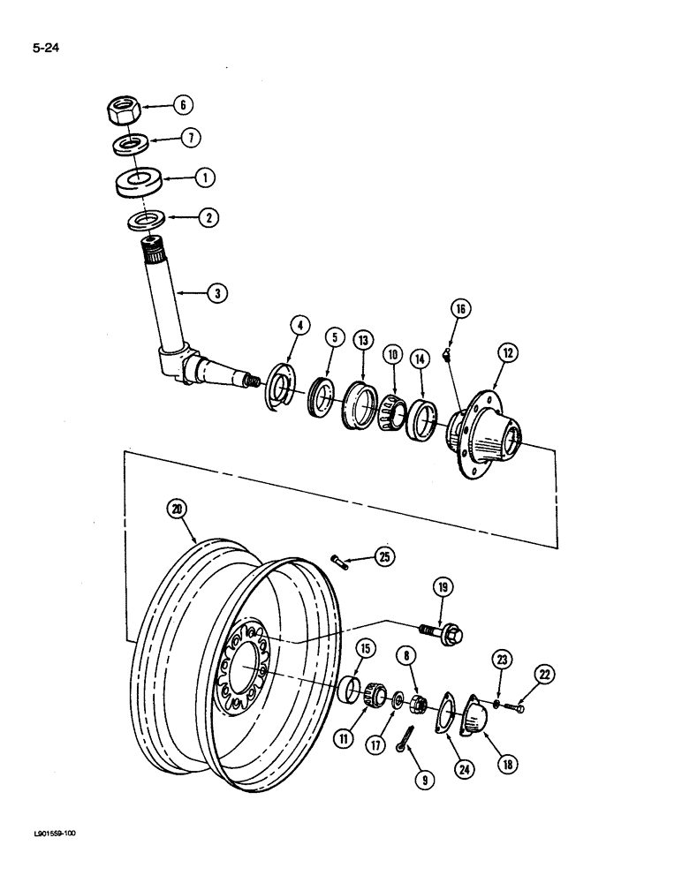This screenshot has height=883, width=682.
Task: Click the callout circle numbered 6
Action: (x=182, y=105)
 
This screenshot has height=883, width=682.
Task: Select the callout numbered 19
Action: (x=443, y=587)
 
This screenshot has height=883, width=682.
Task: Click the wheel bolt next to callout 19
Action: (x=440, y=631)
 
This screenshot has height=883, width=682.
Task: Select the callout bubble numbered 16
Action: (x=460, y=309)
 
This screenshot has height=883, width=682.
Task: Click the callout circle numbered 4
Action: (x=301, y=326)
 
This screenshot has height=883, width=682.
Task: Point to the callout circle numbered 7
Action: (x=192, y=138)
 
